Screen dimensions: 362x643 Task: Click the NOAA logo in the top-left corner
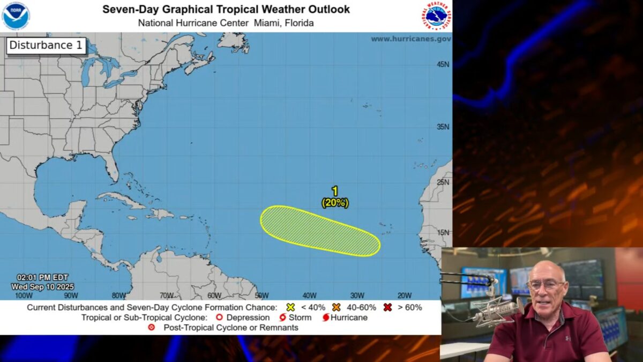(x=16, y=16)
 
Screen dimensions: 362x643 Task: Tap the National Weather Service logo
(x=436, y=16)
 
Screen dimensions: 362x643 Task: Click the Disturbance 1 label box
(x=46, y=46)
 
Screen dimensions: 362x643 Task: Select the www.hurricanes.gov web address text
(x=410, y=39)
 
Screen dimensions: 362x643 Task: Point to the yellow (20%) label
(x=335, y=203)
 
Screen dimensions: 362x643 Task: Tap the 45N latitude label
(x=443, y=64)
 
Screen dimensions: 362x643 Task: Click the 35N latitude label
(x=443, y=127)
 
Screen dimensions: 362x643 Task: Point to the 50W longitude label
(x=261, y=295)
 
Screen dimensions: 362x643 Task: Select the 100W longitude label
(x=23, y=295)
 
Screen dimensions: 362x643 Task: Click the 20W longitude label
(x=405, y=295)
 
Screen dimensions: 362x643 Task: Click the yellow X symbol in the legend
(x=290, y=307)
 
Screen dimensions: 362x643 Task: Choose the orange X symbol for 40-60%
(x=337, y=307)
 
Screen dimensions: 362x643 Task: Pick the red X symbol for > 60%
(x=387, y=307)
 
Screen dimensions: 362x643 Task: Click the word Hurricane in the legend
(x=349, y=317)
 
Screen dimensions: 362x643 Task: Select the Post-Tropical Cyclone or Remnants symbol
(x=152, y=327)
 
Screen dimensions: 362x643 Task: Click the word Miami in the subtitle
(x=266, y=23)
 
